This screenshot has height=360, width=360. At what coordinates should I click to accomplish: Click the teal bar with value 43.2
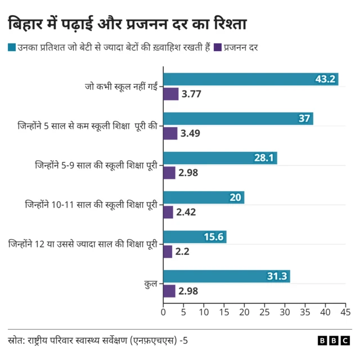coord(250,79)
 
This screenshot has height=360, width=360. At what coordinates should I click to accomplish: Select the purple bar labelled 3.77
coord(170,94)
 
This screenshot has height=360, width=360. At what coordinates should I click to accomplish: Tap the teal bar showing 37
coord(238,119)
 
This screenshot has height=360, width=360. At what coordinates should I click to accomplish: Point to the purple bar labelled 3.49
coord(170,133)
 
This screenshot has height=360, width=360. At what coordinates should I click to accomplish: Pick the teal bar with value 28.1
coord(220,158)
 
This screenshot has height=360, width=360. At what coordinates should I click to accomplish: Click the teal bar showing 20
coord(204,197)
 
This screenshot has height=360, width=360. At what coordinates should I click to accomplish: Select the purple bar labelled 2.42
coord(168,212)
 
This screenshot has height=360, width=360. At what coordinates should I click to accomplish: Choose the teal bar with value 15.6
coord(195,237)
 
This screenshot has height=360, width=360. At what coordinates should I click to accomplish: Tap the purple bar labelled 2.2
coord(168,251)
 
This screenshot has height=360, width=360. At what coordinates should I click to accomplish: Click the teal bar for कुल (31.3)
coord(226,276)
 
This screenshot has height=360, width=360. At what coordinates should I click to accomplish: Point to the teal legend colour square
coord(12,48)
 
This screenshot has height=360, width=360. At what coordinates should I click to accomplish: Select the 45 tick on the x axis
coord(345,312)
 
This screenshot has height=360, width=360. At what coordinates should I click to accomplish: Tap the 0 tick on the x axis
coord(163,312)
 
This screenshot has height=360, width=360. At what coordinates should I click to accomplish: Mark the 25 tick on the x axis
coord(264,312)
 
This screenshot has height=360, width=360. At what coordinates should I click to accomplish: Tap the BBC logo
coord(334,340)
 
